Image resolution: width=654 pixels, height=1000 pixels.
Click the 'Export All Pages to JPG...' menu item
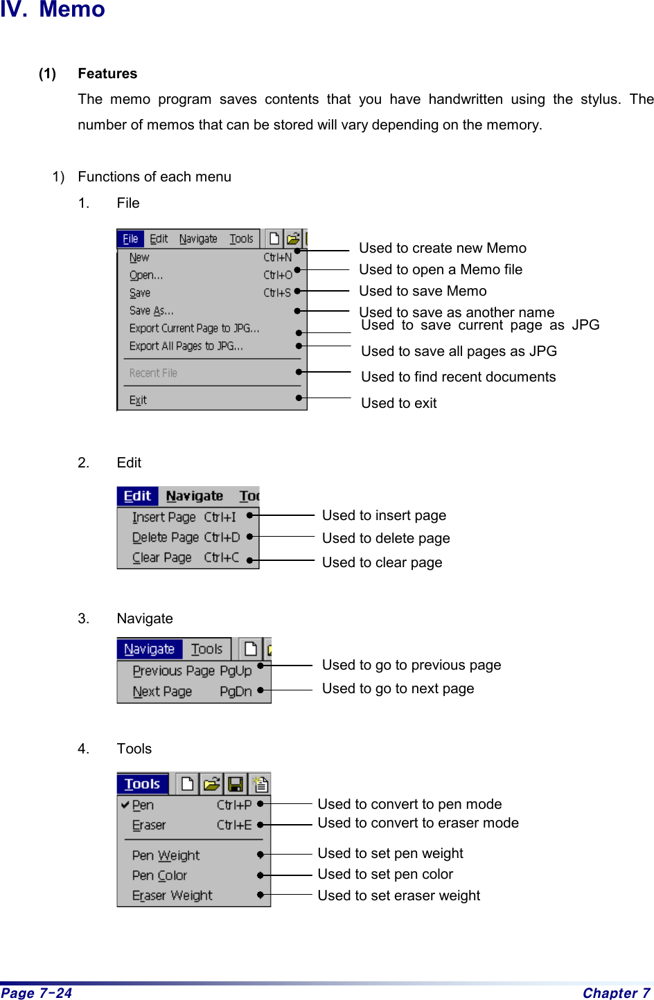point(186,346)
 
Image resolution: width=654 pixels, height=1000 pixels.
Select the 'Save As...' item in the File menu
point(151,310)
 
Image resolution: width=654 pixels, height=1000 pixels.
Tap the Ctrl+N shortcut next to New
point(277,257)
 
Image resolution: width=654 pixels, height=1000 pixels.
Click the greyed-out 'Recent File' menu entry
point(153,373)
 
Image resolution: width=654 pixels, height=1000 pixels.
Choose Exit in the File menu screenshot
point(138,400)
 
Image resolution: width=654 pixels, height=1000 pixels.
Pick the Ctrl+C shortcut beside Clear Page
point(222,557)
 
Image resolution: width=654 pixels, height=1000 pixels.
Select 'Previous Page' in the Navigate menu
point(173,670)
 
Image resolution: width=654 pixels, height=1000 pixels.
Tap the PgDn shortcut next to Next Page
point(235,691)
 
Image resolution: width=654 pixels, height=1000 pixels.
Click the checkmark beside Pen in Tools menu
point(125,805)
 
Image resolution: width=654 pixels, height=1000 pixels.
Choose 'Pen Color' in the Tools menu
point(159,875)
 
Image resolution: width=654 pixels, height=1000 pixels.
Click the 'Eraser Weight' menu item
point(172,895)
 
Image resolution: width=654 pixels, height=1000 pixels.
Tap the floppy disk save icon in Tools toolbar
point(236,784)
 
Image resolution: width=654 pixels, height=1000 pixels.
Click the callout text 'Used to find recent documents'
point(458,377)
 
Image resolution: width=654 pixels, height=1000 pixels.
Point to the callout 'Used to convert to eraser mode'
point(418,823)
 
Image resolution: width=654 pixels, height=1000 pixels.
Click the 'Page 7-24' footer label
point(37,993)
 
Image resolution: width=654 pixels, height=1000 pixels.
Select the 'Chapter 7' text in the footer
point(616,993)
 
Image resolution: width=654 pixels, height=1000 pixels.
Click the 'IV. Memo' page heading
point(53,10)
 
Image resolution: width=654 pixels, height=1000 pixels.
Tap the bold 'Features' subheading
point(107,73)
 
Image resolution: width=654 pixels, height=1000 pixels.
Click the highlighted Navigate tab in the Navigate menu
point(149,649)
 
